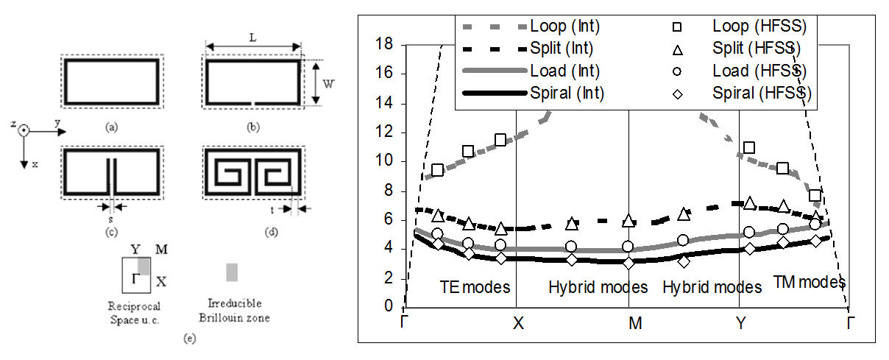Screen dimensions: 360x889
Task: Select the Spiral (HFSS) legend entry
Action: [x=760, y=93]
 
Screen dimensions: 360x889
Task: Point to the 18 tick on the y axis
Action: [x=386, y=45]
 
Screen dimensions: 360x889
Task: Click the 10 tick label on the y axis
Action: [x=386, y=161]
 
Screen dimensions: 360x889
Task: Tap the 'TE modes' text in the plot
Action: [x=475, y=286]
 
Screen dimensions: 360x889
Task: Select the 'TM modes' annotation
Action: [x=809, y=282]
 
